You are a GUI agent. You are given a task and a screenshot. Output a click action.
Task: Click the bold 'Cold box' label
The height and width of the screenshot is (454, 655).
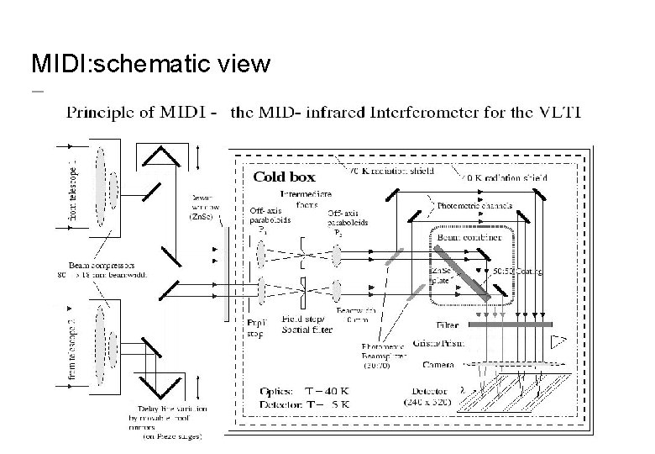click(286, 177)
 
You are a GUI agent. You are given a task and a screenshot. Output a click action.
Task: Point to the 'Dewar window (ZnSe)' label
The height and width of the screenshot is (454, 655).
click(203, 203)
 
